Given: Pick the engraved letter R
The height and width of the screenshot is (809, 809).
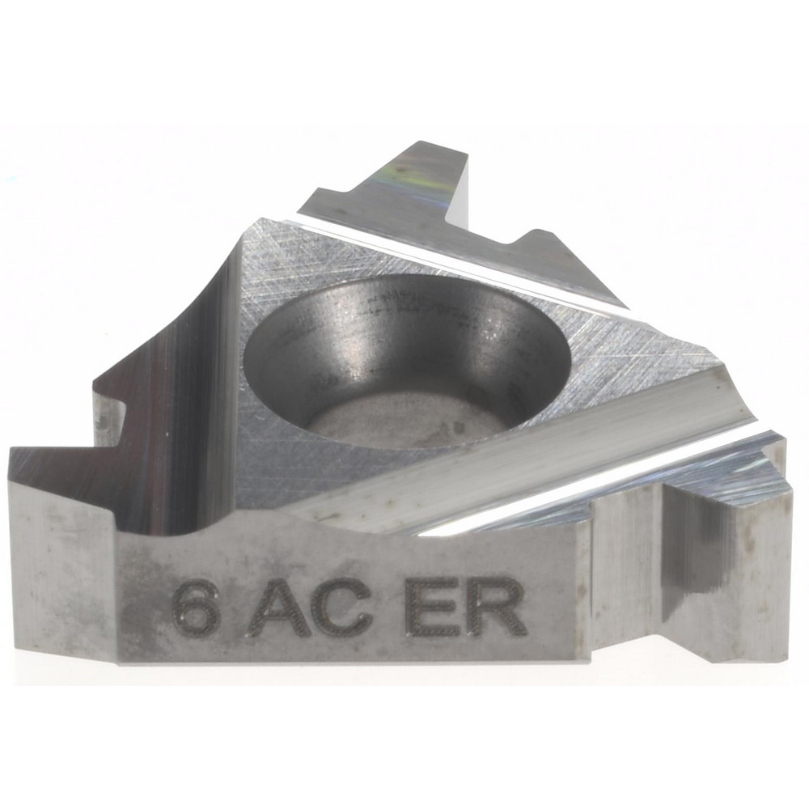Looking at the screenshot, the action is coord(497,608).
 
